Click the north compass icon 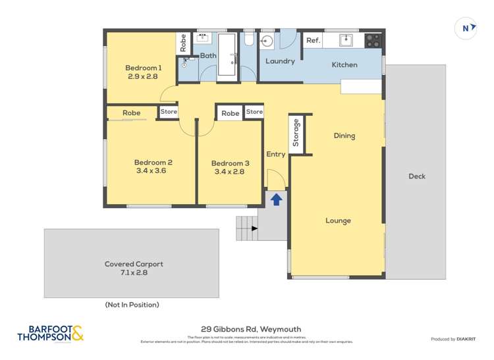click(466, 28)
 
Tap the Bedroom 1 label click(144, 68)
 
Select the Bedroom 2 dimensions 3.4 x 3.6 click(153, 171)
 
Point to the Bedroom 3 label click(230, 163)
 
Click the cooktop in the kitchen click(373, 40)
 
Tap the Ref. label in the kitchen click(313, 41)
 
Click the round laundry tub click(267, 41)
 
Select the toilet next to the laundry click(248, 39)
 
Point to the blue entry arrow click(277, 199)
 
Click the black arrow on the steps click(255, 228)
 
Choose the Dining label click(344, 136)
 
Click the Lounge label click(338, 220)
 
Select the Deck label click(416, 176)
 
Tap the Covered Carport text click(134, 264)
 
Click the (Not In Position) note click(132, 305)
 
